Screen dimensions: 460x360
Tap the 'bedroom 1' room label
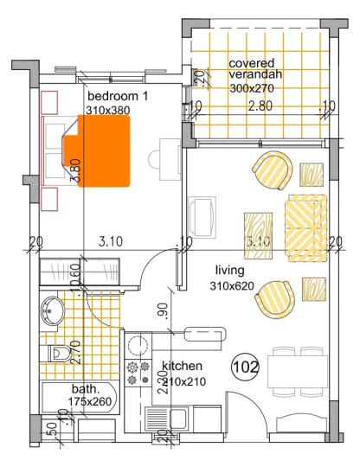coord(119,97)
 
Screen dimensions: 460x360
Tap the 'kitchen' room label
coord(181,366)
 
